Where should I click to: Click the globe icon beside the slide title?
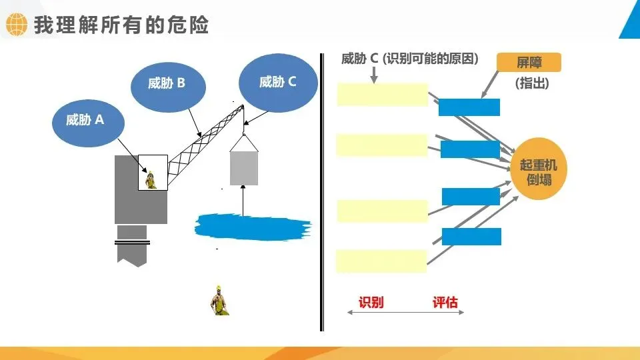click(16, 25)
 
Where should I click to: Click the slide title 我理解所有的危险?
click(121, 25)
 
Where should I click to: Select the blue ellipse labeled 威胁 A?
click(85, 120)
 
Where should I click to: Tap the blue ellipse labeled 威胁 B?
click(167, 84)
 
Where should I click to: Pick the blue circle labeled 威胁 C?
click(278, 82)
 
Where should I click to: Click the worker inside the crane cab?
click(151, 180)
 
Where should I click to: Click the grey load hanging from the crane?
click(243, 167)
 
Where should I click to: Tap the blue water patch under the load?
click(253, 226)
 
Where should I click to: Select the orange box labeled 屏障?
click(529, 63)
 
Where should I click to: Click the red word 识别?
click(371, 302)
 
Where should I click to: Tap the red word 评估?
click(445, 302)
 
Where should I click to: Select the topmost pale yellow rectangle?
click(382, 95)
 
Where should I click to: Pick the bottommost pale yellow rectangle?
click(381, 261)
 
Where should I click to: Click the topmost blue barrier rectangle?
click(469, 107)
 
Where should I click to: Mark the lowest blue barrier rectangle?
click(471, 237)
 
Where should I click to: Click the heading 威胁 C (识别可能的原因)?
click(410, 59)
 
